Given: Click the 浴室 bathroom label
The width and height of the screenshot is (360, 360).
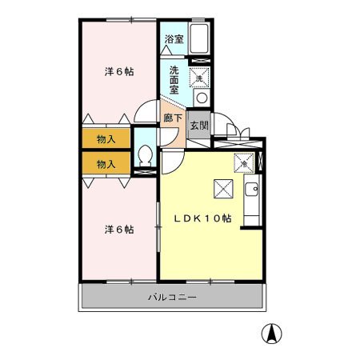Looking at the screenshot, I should point(173,38).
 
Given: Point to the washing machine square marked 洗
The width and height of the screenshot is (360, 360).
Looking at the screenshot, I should point(199,78).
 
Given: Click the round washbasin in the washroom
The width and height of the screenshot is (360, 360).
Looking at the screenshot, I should point(201,98).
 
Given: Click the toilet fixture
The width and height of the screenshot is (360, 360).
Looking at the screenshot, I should point(146,154).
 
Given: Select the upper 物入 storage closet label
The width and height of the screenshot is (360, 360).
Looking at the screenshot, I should point(106,138).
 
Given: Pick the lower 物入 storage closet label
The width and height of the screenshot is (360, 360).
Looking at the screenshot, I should point(106,163).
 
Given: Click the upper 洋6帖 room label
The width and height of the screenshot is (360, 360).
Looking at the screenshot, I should point(120,71).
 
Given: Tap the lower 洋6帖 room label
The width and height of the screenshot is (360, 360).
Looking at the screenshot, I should point(120,229).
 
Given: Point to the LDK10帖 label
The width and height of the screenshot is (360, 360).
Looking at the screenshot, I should point(203,218).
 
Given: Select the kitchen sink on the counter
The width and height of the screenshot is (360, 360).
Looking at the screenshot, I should point(252,190).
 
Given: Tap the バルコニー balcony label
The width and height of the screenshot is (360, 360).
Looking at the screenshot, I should point(172,298).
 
